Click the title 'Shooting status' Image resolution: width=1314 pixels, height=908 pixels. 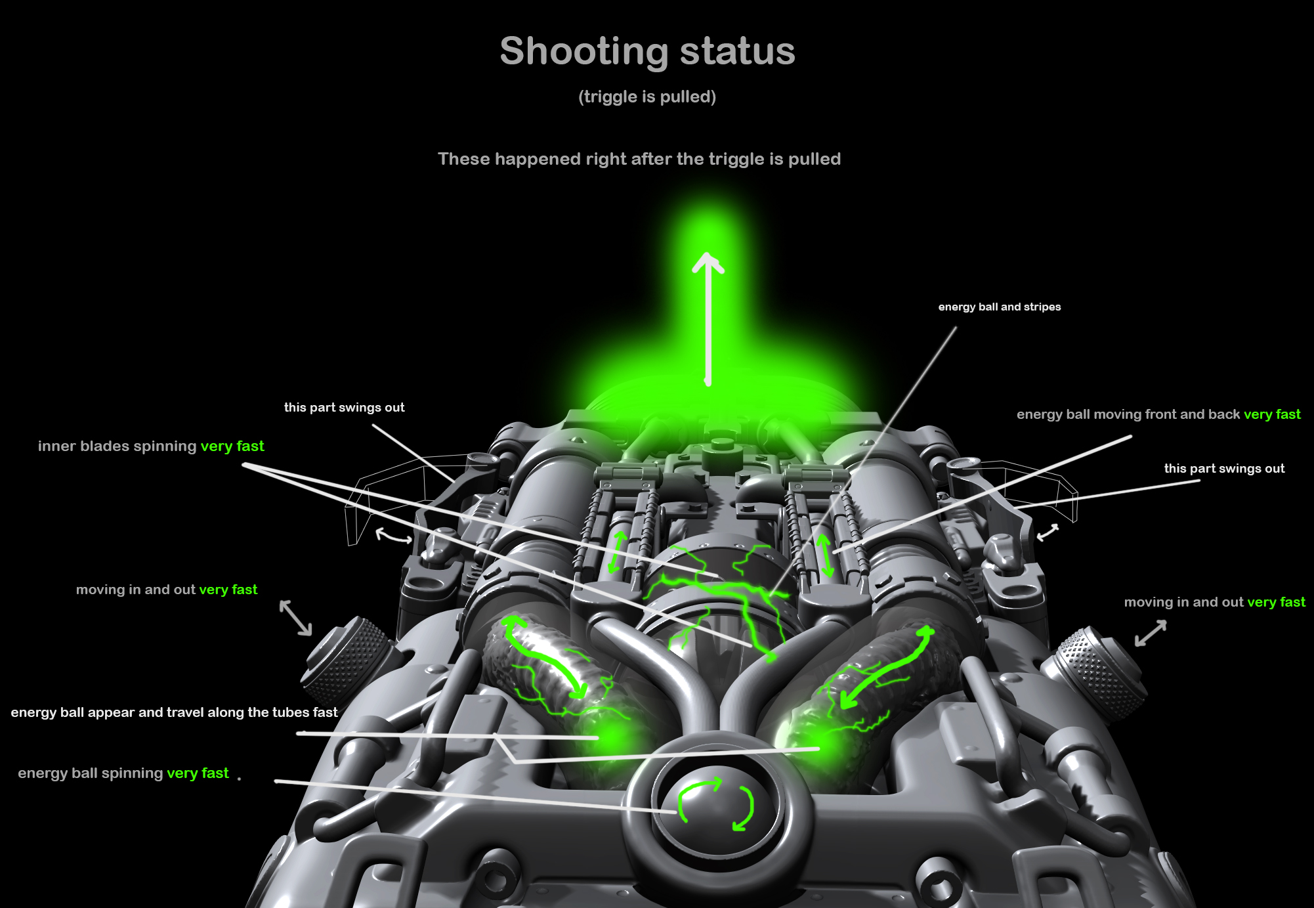pyautogui.click(x=647, y=51)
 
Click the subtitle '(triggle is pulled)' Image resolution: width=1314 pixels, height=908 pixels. pyautogui.click(x=647, y=97)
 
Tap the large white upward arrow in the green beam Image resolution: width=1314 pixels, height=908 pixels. pyautogui.click(x=708, y=319)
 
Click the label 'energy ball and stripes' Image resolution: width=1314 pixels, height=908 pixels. pyautogui.click(x=1000, y=307)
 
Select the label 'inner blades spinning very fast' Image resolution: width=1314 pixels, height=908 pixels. pyautogui.click(x=151, y=446)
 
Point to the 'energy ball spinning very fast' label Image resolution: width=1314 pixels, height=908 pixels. pyautogui.click(x=123, y=773)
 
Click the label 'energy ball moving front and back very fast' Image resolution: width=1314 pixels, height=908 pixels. pyautogui.click(x=1158, y=414)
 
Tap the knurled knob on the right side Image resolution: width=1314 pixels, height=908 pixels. pyautogui.click(x=1095, y=672)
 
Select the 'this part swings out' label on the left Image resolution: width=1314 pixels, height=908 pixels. pyautogui.click(x=345, y=408)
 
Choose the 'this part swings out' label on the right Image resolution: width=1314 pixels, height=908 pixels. pyautogui.click(x=1224, y=469)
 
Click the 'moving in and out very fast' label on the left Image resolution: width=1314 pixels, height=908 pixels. pyautogui.click(x=167, y=590)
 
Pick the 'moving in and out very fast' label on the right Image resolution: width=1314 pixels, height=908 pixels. pyautogui.click(x=1215, y=602)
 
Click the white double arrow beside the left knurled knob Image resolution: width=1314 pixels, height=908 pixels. pyautogui.click(x=295, y=617)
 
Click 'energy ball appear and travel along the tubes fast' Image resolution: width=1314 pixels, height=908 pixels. pyautogui.click(x=174, y=712)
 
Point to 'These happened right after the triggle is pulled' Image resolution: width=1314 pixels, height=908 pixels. pyautogui.click(x=639, y=159)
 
